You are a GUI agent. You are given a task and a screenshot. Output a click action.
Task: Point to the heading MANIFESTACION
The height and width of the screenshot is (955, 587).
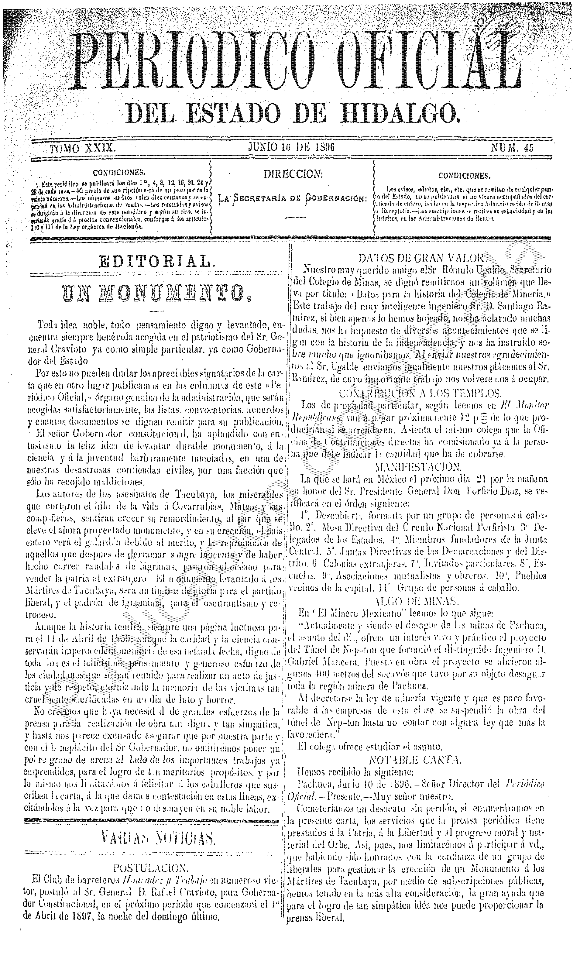(x=417, y=465)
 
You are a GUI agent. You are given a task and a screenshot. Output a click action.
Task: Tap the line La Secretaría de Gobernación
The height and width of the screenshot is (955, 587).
(x=293, y=199)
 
